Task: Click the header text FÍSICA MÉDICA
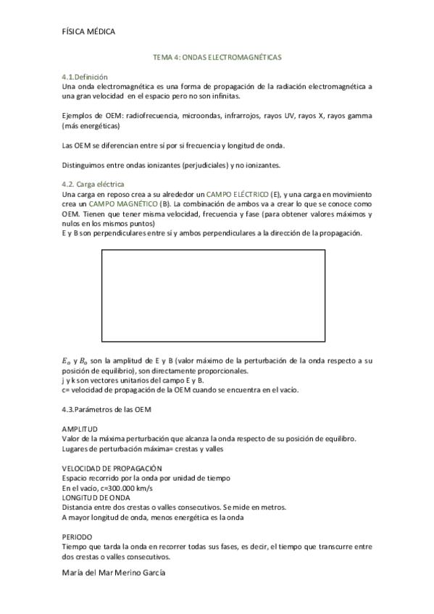click(88, 31)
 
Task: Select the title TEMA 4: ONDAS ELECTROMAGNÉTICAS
click(217, 56)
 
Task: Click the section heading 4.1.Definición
click(85, 77)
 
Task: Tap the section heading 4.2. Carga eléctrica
click(93, 185)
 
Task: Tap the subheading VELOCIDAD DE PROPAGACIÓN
click(112, 468)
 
